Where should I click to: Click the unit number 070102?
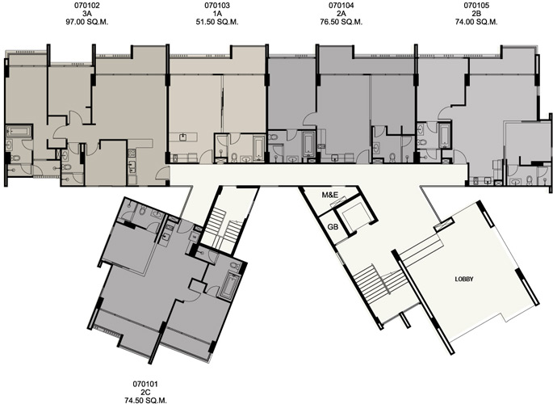coord(86,6)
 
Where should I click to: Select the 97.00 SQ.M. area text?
coord(86,22)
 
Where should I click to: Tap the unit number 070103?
coord(217,6)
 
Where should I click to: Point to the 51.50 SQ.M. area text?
coord(217,22)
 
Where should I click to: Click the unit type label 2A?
coord(341,14)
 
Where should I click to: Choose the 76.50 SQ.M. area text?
coord(341,22)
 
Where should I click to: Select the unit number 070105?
coord(476,6)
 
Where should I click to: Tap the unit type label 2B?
coord(476,14)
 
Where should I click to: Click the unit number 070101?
coord(145,384)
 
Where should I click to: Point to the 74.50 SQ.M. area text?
coord(145,400)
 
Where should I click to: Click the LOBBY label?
coord(464,279)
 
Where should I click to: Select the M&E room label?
coord(329,195)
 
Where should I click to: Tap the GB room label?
coord(333,227)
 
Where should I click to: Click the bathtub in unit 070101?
coord(230,284)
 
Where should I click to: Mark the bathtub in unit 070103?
coord(258,148)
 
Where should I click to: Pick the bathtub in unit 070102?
coord(19,132)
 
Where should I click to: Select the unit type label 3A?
coord(86,14)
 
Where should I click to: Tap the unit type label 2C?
coord(145,392)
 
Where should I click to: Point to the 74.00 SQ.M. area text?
coord(476,22)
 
